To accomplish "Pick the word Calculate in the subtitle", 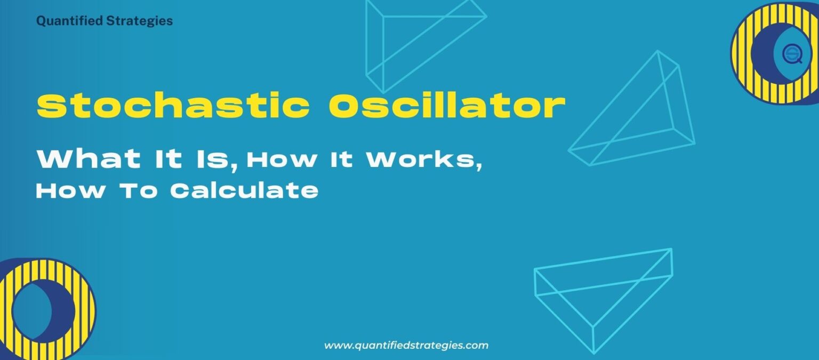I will coord(244,190).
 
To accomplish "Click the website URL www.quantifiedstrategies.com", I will coord(406,345).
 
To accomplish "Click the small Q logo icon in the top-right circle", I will coord(792,54).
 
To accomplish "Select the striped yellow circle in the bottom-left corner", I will coord(45,309).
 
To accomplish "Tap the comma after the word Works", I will coord(478,167).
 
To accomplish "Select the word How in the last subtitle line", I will coord(70,190).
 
